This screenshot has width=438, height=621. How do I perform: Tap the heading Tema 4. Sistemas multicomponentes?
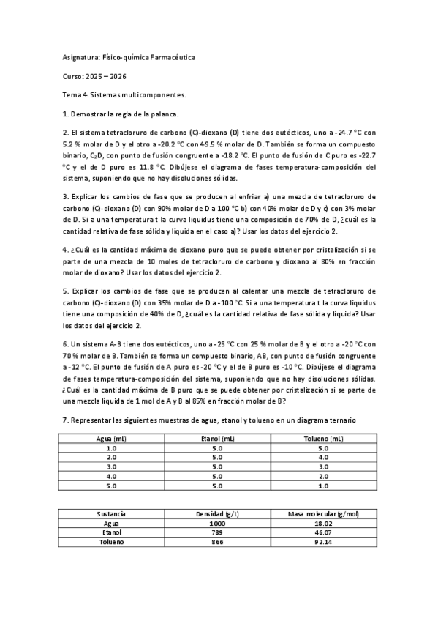point(124,94)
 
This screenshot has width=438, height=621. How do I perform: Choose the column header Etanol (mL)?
point(217,438)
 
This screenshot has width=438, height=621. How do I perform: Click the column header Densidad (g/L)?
point(217,514)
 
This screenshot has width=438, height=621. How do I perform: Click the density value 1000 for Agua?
point(217,524)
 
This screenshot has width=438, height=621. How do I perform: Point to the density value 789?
point(217,532)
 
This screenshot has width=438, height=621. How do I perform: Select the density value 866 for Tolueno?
point(217,542)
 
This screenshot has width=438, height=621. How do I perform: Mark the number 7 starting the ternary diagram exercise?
point(65,420)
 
